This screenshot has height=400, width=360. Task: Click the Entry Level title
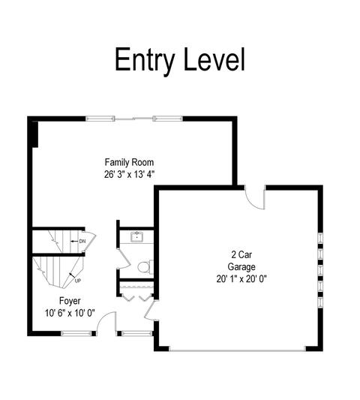point(180,61)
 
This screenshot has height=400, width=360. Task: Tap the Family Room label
point(129,162)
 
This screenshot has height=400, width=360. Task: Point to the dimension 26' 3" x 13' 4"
point(130,175)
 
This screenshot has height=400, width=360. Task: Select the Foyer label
point(70,301)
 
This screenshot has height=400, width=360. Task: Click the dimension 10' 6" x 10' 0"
point(70,313)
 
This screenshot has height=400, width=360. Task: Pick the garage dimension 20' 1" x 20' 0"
point(241,279)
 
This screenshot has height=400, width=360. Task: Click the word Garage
point(241,267)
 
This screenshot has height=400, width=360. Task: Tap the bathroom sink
point(137,236)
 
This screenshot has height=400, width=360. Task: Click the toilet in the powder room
point(145,267)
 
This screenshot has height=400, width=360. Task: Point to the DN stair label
point(82,241)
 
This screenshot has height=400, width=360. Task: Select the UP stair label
point(78,281)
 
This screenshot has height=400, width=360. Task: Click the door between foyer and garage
point(151,311)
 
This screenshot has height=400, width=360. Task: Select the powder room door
point(124,258)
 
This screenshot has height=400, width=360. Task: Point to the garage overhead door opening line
point(237,351)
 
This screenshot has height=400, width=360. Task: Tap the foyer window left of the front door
point(76,333)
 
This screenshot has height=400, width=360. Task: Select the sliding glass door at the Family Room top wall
point(134,119)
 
